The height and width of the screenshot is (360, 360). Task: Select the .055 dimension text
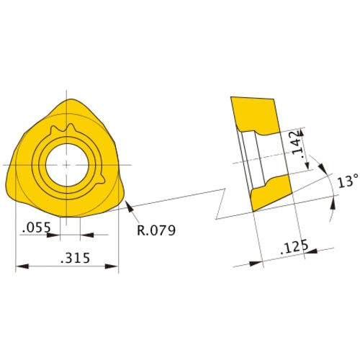[35, 228]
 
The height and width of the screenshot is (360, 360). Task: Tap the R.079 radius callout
[156, 230]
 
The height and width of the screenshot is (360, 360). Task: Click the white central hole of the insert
[66, 164]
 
